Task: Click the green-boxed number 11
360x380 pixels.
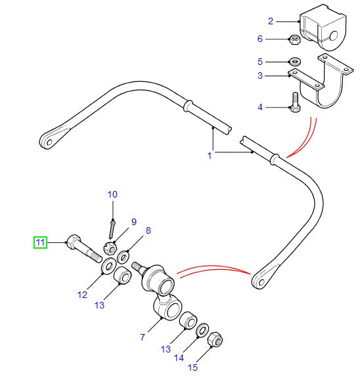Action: tap(41, 243)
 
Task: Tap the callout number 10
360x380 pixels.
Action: tap(112, 194)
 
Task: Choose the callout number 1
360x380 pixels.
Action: tap(210, 156)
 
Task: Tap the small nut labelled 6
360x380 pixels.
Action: tap(296, 41)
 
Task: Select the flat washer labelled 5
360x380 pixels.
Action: tap(296, 62)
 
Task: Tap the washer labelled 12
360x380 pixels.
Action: tap(104, 268)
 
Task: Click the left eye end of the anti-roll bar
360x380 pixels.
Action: tap(51, 139)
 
